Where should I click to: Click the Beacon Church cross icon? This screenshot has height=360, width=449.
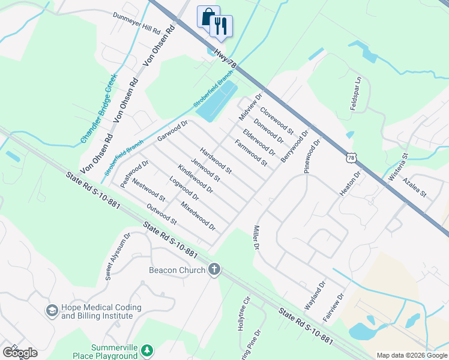214,269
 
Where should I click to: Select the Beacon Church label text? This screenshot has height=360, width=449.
177,270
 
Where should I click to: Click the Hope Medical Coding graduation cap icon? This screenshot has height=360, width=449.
52,310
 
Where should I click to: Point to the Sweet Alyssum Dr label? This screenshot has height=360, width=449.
118,257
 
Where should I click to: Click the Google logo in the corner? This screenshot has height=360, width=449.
20,353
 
